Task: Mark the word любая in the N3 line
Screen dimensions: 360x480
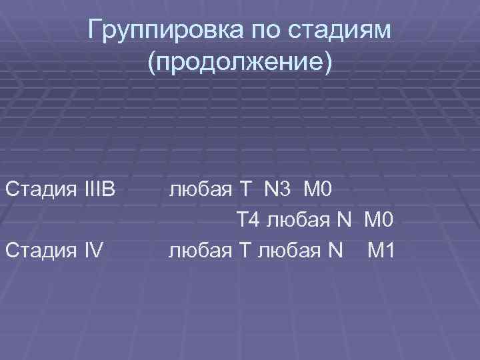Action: (x=200, y=190)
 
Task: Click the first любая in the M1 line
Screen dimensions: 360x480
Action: (x=200, y=251)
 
